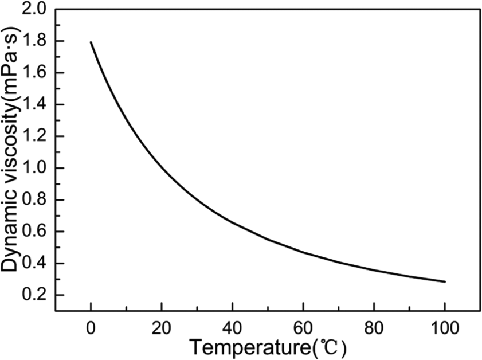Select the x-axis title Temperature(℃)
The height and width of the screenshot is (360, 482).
coord(267,347)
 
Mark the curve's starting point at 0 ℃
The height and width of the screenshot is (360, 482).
coord(91,42)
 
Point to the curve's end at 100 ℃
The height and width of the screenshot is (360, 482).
coord(445,281)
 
